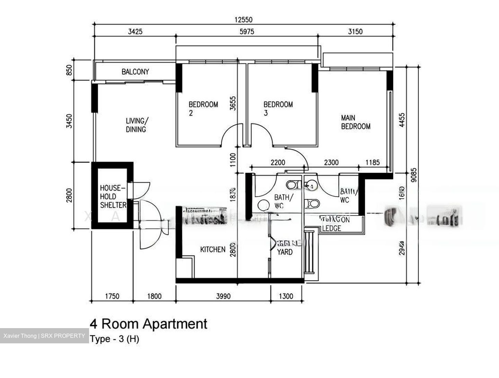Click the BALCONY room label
tap(135, 72)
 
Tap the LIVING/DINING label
tap(137, 125)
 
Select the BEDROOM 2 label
tap(203, 108)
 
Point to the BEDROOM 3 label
tap(278, 108)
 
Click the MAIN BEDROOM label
tap(356, 122)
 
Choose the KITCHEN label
tap(213, 249)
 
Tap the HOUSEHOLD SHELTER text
tap(113, 196)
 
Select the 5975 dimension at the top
tap(247, 32)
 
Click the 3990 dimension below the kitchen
tap(223, 296)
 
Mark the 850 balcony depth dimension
tap(69, 70)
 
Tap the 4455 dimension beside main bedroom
tap(402, 120)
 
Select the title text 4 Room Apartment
tap(148, 324)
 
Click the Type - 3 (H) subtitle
tap(114, 339)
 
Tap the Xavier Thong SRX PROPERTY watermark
tap(44, 336)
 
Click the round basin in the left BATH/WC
tap(264, 205)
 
